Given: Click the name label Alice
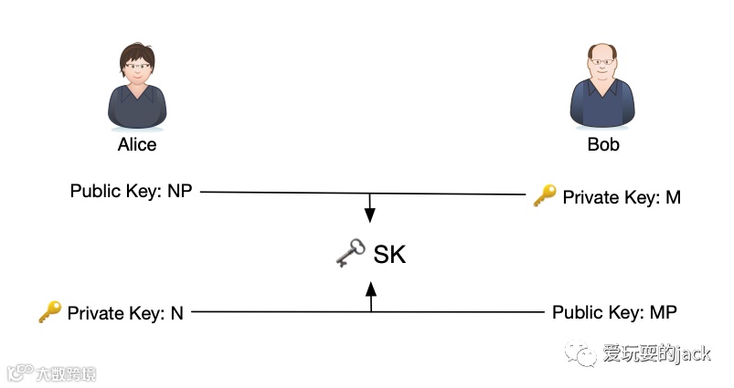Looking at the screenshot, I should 137,144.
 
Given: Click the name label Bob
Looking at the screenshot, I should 602,144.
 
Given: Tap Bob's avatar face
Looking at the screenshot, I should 602,68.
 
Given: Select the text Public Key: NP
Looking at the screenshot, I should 132,192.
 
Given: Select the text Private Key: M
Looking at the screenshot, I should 621,196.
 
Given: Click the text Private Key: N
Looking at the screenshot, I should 125,313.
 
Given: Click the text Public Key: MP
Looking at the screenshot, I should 614,313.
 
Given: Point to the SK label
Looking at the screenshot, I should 389,254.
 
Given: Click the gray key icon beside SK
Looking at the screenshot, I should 349,254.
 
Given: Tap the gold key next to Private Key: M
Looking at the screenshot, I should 545,195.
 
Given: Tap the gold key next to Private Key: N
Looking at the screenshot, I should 49,312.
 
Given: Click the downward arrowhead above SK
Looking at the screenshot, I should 370,215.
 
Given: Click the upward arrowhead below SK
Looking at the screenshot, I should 371,289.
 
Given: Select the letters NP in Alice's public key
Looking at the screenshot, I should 180,192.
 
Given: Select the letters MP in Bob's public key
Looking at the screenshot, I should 664,313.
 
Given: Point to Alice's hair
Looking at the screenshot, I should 137,51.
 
